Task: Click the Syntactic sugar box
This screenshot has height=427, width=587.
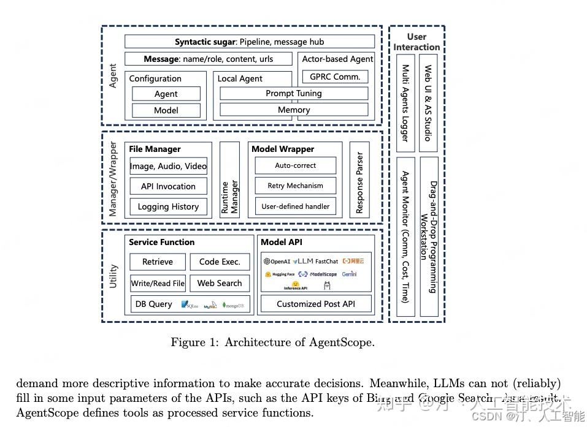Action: [x=249, y=42]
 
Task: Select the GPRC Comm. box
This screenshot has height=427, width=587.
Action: [x=335, y=77]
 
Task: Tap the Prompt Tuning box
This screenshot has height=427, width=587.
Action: [x=293, y=94]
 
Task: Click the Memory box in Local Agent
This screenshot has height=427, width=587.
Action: [x=293, y=110]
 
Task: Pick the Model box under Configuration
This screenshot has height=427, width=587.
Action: [x=166, y=110]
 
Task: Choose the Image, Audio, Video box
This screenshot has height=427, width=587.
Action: [x=168, y=166]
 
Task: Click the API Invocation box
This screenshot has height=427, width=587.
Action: [x=168, y=186]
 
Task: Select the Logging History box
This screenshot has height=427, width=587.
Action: [x=168, y=206]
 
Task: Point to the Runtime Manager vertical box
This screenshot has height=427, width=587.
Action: [x=229, y=179]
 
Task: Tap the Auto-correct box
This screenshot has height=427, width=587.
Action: [x=295, y=165]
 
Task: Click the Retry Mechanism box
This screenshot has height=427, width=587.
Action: [x=295, y=186]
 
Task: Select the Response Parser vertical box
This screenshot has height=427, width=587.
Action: [x=359, y=179]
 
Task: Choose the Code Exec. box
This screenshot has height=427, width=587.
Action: [x=220, y=262]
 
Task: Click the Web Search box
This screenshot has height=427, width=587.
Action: [x=220, y=283]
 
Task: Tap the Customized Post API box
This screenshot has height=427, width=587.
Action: [x=316, y=304]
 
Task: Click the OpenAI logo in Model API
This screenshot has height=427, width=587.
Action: [x=277, y=262]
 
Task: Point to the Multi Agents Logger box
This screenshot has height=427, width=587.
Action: [x=405, y=103]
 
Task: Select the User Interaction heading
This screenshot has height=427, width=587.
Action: [x=416, y=42]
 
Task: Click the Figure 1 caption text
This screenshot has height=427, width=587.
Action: [x=272, y=342]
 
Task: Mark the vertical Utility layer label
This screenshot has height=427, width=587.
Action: [x=113, y=276]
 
